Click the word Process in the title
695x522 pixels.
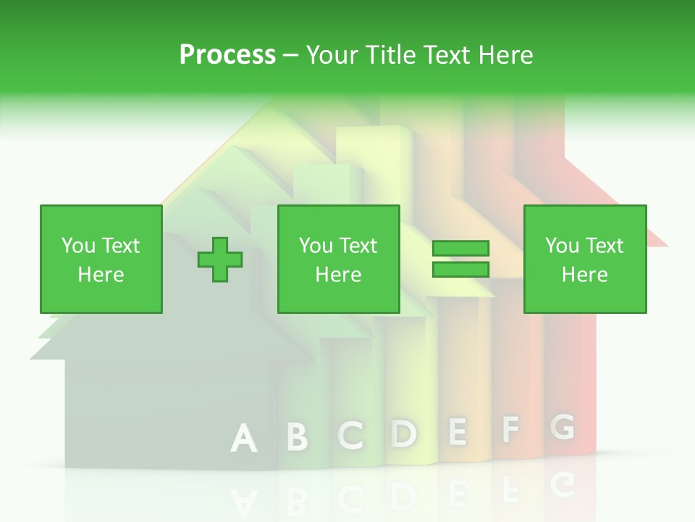click(227, 55)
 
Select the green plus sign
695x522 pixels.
click(220, 259)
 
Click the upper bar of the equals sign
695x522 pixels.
click(460, 248)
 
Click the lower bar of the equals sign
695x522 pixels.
click(460, 269)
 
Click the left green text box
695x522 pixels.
click(101, 259)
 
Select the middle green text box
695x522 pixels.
click(339, 259)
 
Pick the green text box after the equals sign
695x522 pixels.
click(585, 259)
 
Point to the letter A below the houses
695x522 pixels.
click(244, 439)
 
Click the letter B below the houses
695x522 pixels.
click(297, 436)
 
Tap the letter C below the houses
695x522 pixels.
click(351, 435)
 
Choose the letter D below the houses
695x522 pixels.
click(404, 433)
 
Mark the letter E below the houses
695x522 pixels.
click(457, 431)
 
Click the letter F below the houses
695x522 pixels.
click(510, 429)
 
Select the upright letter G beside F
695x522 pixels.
click(563, 426)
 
